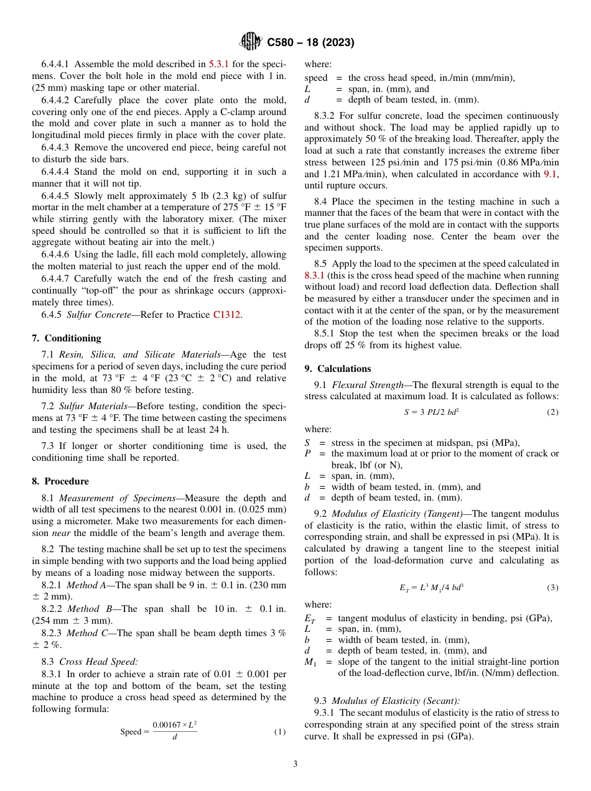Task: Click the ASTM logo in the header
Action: click(x=251, y=42)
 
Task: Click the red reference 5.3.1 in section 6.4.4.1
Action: click(x=218, y=63)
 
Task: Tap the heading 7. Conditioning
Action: click(x=66, y=338)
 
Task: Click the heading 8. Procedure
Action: click(x=60, y=481)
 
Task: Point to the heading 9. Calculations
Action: click(x=338, y=369)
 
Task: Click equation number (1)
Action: click(x=279, y=732)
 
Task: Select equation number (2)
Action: click(x=552, y=412)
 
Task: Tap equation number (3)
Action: click(x=552, y=588)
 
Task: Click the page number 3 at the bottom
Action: click(x=295, y=764)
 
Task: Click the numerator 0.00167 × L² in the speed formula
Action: click(x=175, y=725)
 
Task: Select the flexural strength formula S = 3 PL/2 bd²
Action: click(x=432, y=412)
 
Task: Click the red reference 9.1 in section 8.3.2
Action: click(x=551, y=174)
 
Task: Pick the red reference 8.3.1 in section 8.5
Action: click(x=315, y=274)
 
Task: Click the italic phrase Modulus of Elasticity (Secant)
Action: click(x=396, y=701)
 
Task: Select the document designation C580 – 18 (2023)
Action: click(x=310, y=43)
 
